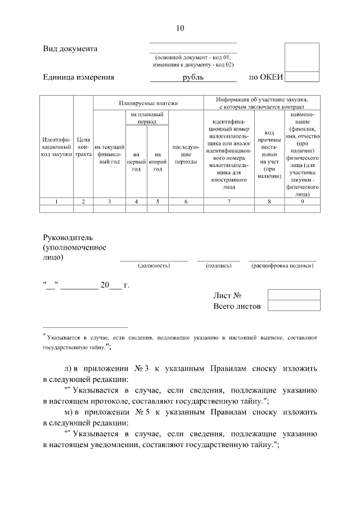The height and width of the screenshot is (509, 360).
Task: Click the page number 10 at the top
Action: pos(180,28)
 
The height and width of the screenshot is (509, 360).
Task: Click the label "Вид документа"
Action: pos(70,49)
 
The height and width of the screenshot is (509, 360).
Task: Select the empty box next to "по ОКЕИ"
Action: pos(302,76)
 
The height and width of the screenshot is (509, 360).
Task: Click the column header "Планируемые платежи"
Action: pos(148,103)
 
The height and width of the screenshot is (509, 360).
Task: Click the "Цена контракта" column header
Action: pos(83,146)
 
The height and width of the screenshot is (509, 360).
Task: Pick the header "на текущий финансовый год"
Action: pos(110,154)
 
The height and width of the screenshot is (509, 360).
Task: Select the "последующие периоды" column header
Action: pos(186,154)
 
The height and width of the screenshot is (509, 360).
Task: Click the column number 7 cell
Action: pos(229,201)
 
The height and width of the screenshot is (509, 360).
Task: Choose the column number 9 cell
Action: pos(303,201)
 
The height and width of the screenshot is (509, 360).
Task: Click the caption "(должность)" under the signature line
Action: pos(154,265)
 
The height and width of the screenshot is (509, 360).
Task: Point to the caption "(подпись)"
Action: pos(218,265)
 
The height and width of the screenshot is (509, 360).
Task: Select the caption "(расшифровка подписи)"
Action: pos(282,265)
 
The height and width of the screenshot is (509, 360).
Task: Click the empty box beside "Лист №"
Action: pos(294,295)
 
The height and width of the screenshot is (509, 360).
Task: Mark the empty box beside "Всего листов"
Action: pos(294,305)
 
